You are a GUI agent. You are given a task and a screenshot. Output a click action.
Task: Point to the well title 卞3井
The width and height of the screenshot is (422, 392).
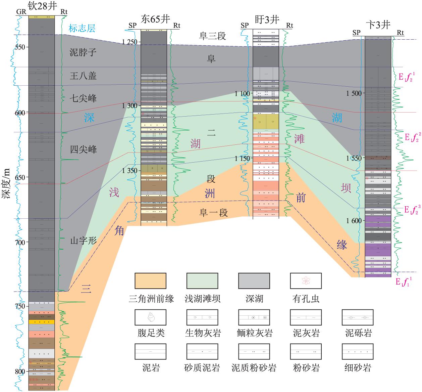[378, 25]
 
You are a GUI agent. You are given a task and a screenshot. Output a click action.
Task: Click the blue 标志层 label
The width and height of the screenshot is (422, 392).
[82, 28]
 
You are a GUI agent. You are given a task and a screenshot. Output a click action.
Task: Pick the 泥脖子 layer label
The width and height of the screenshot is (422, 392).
[83, 52]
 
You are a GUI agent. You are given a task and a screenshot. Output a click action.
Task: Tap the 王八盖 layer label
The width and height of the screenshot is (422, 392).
[83, 76]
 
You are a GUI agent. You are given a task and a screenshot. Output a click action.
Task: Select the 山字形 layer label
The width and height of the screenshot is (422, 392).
[83, 241]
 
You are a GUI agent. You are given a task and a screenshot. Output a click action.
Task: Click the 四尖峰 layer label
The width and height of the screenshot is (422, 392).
[83, 149]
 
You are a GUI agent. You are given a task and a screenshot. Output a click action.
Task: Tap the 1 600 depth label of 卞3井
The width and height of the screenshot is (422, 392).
[354, 221]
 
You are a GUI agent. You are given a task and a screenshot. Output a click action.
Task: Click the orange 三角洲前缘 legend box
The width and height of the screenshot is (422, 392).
[150, 281]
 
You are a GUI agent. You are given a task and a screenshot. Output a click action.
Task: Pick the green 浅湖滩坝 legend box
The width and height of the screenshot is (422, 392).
[202, 281]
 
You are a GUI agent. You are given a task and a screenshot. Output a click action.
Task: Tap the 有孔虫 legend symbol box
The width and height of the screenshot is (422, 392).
[306, 281]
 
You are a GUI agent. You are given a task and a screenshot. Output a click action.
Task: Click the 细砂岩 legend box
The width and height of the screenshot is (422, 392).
[357, 351]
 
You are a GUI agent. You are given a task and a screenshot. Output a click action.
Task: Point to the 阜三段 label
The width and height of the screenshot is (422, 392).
[212, 36]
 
